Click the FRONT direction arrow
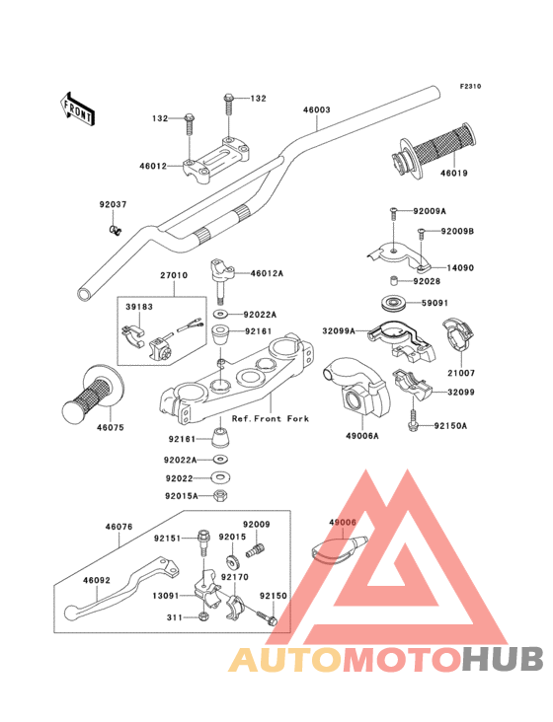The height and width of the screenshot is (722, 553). click(77, 109)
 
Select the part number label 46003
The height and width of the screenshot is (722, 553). click(317, 109)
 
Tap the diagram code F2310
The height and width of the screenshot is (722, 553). click(470, 86)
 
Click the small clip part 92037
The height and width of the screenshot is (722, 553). click(115, 229)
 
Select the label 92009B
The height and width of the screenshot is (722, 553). click(457, 231)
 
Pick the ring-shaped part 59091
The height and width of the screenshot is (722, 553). click(394, 303)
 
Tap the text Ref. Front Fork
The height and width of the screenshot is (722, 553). click(270, 418)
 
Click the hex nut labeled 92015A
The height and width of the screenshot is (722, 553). click(221, 496)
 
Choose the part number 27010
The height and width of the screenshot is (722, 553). click(174, 275)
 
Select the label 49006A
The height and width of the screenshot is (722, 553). click(362, 436)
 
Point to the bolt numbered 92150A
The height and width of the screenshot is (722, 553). click(413, 417)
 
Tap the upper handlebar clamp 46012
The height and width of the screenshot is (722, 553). click(217, 160)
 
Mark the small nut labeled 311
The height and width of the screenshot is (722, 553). click(202, 616)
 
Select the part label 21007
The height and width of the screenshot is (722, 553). click(460, 373)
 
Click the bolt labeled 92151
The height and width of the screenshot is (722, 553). click(202, 542)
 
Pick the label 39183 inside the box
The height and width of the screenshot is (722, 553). click(139, 307)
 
